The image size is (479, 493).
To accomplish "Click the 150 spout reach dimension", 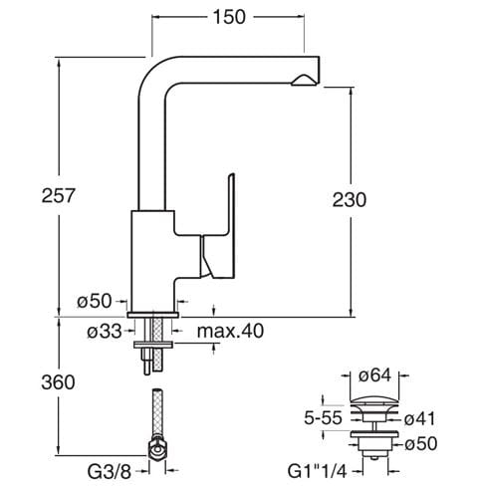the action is pyautogui.click(x=229, y=17).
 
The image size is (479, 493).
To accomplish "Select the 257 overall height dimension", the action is pyautogui.click(x=59, y=195).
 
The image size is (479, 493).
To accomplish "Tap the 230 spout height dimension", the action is pyautogui.click(x=350, y=200).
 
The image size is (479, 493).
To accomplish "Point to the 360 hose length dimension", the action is pyautogui.click(x=58, y=382).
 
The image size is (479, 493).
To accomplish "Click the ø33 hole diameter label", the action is pyautogui.click(x=105, y=331).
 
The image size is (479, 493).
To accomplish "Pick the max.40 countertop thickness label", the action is pyautogui.click(x=230, y=331).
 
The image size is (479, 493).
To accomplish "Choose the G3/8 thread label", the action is pyautogui.click(x=110, y=471).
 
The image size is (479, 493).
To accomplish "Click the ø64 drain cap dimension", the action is pyautogui.click(x=374, y=375).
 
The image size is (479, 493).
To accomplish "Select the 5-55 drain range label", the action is pyautogui.click(x=323, y=418).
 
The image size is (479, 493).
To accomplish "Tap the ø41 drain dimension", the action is pyautogui.click(x=419, y=419).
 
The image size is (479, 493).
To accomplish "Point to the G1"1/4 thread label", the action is pyautogui.click(x=317, y=471).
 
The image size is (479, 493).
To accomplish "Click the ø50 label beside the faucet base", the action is pyautogui.click(x=95, y=301).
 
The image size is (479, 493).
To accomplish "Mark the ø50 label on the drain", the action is pyautogui.click(x=421, y=444).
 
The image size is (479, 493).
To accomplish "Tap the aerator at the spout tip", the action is pyautogui.click(x=302, y=81).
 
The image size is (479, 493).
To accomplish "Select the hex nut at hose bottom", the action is pyautogui.click(x=157, y=450).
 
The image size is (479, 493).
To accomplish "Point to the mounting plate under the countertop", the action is pyautogui.click(x=153, y=345).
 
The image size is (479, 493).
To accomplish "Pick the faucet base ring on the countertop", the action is pyautogui.click(x=153, y=315).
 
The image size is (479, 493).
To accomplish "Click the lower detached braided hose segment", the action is pyautogui.click(x=157, y=412).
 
